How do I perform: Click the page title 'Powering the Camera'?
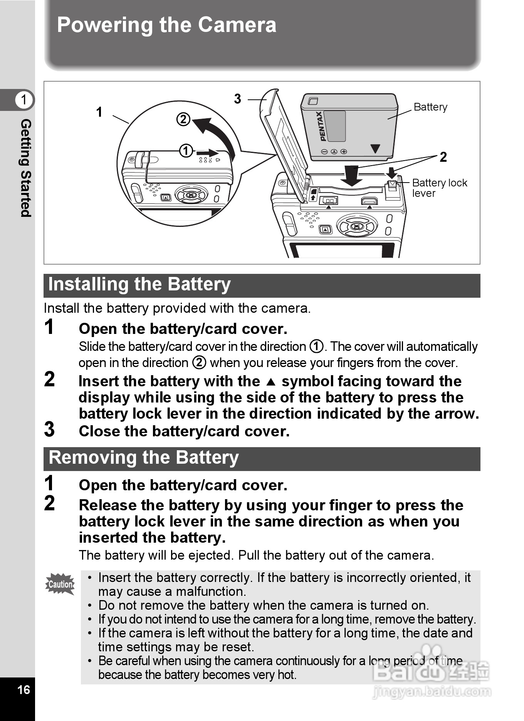[x=166, y=25]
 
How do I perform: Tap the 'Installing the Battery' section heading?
[x=139, y=285]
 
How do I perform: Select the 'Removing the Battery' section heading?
[x=144, y=458]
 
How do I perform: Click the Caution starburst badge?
[x=60, y=584]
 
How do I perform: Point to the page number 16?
[x=24, y=689]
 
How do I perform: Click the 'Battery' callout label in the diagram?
[x=430, y=107]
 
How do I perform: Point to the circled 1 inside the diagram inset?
[x=186, y=151]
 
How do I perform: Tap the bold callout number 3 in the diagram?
[x=237, y=99]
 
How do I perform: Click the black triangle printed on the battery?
[x=375, y=149]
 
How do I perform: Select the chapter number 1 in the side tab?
[x=24, y=100]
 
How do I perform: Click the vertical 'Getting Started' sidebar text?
[x=25, y=168]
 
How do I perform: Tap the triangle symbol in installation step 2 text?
[x=271, y=382]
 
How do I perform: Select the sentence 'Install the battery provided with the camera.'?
[x=177, y=308]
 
